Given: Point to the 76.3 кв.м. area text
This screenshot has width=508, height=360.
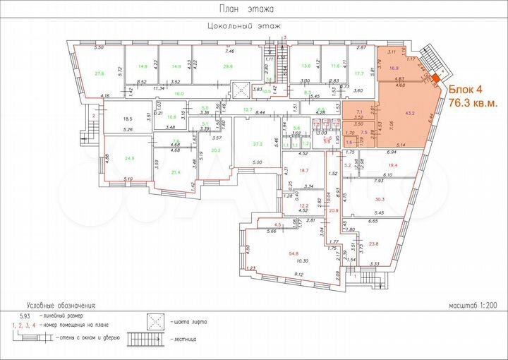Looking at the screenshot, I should (x=473, y=102).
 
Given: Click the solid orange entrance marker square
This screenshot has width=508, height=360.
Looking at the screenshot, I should (x=437, y=80).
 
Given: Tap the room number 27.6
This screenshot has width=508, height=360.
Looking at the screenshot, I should (x=99, y=73).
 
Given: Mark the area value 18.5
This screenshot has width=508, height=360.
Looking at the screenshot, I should (x=128, y=119).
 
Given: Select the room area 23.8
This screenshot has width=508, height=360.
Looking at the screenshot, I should (x=373, y=244).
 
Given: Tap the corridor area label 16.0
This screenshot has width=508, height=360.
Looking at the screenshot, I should (x=159, y=94).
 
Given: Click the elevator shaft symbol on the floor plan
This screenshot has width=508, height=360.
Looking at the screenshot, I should (x=243, y=90).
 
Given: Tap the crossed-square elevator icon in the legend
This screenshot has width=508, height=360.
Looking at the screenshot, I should (x=157, y=322).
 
